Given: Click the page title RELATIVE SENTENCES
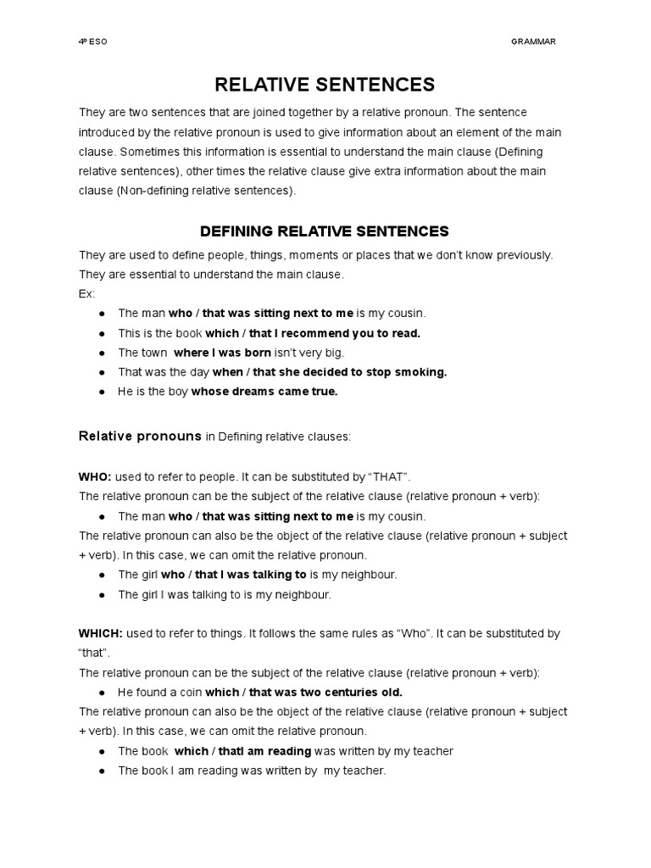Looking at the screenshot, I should pyautogui.click(x=325, y=84).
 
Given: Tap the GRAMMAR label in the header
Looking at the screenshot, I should pyautogui.click(x=534, y=42).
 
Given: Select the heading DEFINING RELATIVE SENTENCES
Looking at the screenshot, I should pyautogui.click(x=325, y=231).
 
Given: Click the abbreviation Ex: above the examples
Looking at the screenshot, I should pyautogui.click(x=86, y=293).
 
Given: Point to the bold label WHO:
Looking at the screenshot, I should pyautogui.click(x=95, y=477).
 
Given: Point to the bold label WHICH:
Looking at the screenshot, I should pyautogui.click(x=101, y=633).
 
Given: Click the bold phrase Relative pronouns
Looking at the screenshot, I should pyautogui.click(x=140, y=437).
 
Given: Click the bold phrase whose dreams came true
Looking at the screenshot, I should pyautogui.click(x=264, y=391).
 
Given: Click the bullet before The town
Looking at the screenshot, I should pyautogui.click(x=102, y=352).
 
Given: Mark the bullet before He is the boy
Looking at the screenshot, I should pyautogui.click(x=102, y=391).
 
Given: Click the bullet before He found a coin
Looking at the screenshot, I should pyautogui.click(x=102, y=692).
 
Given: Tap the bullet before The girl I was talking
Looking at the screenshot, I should pyautogui.click(x=102, y=594).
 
